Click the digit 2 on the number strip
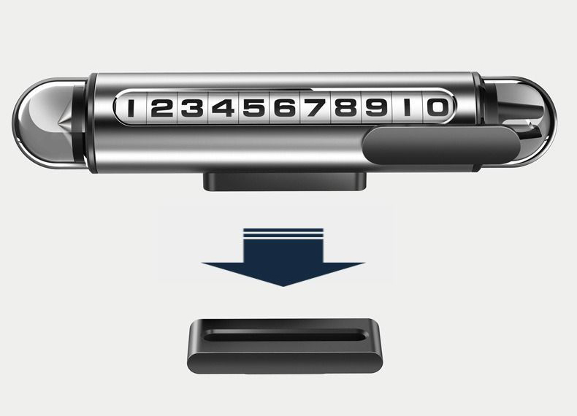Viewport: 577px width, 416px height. point(162,108)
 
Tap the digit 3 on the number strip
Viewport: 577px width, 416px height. point(193,108)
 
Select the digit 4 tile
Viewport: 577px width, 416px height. point(223,108)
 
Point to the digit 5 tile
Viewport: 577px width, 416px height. point(254,108)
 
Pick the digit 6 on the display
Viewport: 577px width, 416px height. point(285,108)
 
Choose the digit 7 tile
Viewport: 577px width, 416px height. point(316,108)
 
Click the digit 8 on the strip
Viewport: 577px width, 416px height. point(346,108)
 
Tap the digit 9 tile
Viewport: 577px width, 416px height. point(376,108)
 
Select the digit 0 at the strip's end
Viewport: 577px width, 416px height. point(438,107)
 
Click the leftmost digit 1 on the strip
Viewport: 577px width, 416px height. point(131,108)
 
